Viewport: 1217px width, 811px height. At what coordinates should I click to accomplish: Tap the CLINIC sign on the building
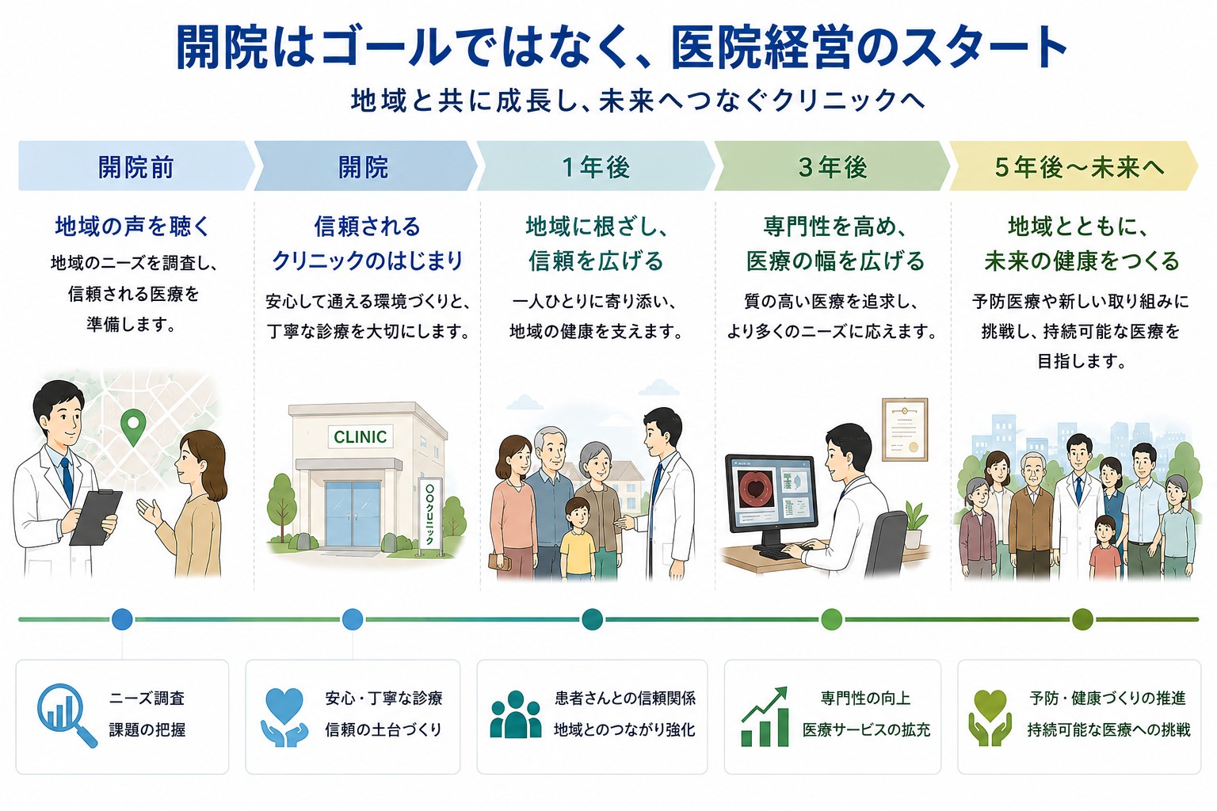(361, 436)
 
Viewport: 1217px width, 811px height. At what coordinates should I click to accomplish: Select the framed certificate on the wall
(905, 430)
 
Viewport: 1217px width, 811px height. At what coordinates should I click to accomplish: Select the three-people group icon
(515, 714)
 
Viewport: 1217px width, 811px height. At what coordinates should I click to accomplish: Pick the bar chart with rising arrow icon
(765, 717)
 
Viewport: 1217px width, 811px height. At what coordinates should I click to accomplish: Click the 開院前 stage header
(135, 166)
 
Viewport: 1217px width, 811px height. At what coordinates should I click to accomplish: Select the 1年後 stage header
(596, 166)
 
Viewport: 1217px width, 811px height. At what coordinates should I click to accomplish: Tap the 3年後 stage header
(833, 166)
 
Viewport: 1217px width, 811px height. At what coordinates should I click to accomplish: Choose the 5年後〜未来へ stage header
(1073, 166)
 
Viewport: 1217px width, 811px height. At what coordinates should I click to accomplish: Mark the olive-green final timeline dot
(1082, 619)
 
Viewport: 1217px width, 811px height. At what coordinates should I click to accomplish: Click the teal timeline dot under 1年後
(592, 619)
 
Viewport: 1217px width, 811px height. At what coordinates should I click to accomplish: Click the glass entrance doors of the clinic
(352, 513)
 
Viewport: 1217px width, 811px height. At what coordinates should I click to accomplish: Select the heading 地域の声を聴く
(132, 226)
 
